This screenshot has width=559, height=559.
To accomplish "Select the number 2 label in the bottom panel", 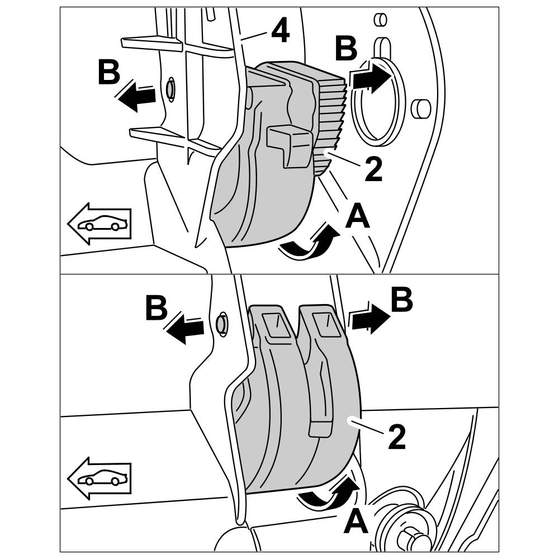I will point(396,438).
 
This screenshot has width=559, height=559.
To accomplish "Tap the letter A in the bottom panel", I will point(356,523).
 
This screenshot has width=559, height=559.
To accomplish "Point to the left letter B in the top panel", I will point(108,73).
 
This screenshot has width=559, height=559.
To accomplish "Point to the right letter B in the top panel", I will point(346,49).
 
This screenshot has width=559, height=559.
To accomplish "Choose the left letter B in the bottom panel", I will point(157,307).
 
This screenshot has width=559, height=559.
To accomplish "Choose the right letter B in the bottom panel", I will point(401,301).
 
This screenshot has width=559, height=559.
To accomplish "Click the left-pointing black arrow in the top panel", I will point(136,96).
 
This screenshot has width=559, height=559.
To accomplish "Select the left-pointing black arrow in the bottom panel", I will point(185,327).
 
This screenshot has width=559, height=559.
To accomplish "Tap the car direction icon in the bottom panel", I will point(100,479).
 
